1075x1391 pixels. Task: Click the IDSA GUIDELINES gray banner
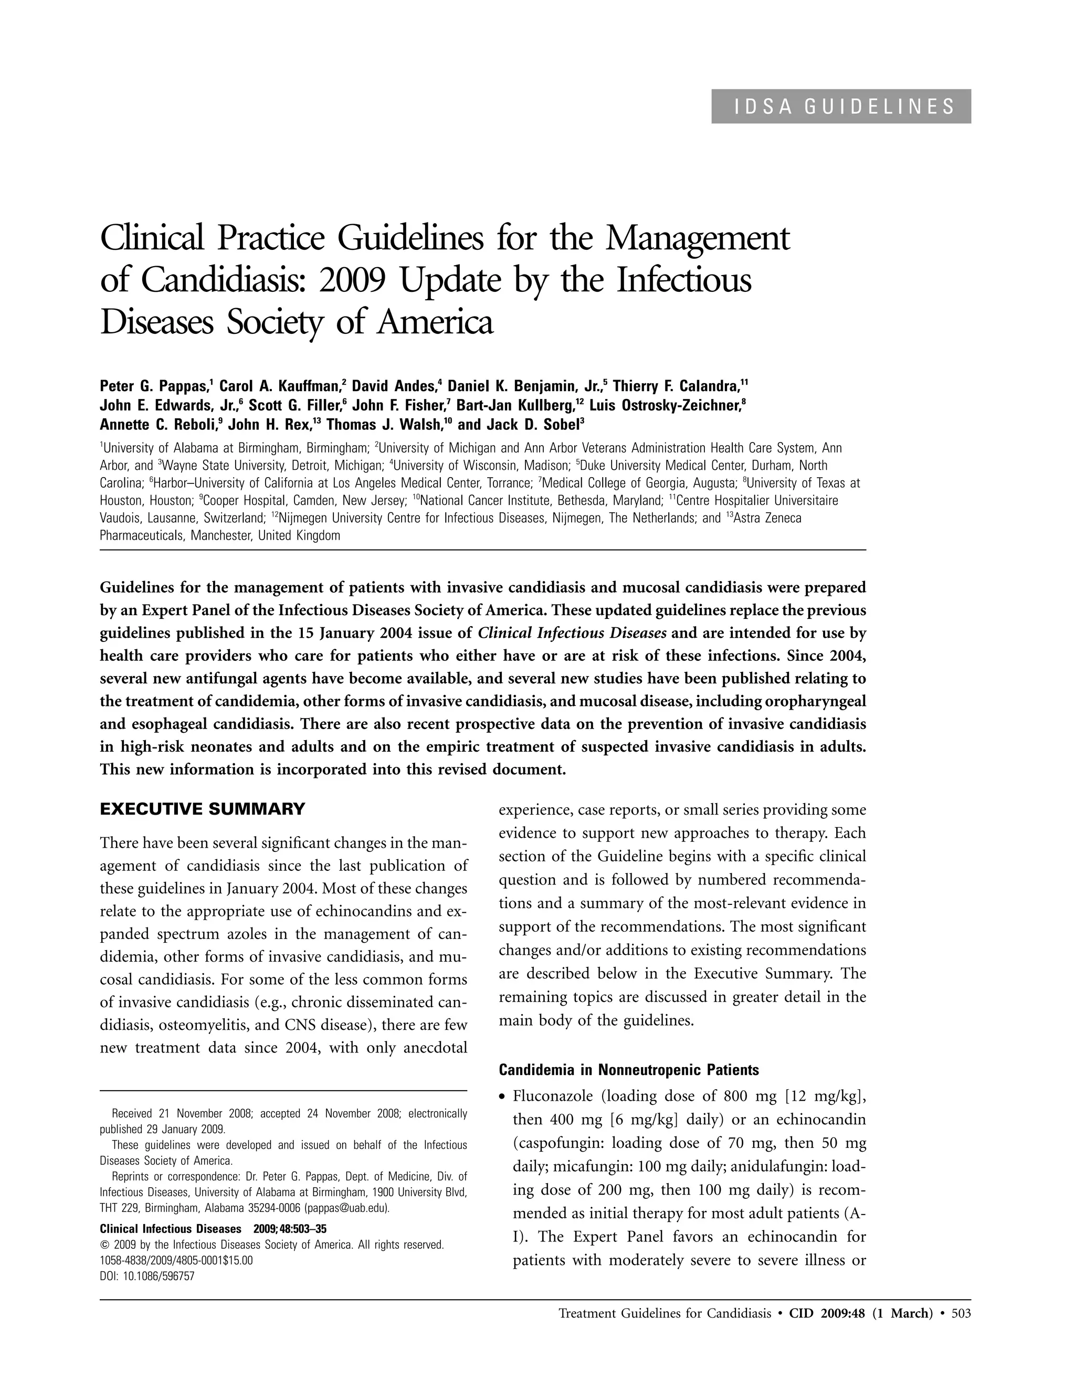841,107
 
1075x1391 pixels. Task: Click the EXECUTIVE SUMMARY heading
203,809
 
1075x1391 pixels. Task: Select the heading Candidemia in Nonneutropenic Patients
628,1069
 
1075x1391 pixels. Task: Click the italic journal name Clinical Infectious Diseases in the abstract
572,633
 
